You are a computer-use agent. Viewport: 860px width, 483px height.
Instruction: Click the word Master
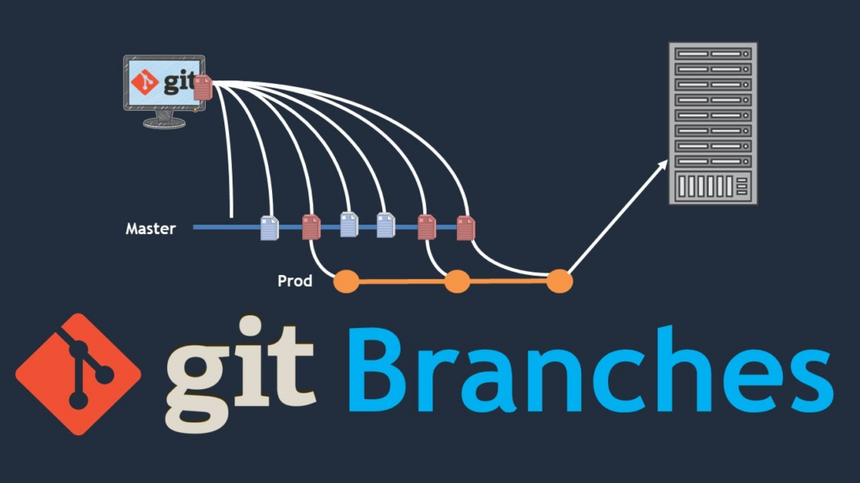(x=151, y=228)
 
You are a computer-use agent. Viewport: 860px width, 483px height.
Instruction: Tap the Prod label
(x=295, y=281)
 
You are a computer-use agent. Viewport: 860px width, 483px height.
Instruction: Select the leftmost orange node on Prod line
(x=347, y=282)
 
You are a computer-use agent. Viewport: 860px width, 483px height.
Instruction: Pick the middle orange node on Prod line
(x=457, y=282)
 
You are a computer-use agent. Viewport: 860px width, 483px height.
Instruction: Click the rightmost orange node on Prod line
(x=559, y=282)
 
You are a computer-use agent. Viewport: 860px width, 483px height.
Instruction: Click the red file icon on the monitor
(x=203, y=87)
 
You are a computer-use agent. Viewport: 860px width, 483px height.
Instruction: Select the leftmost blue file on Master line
(x=270, y=228)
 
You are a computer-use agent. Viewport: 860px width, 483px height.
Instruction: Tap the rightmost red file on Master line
(x=465, y=228)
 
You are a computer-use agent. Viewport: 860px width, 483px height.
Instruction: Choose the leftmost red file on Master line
(x=311, y=226)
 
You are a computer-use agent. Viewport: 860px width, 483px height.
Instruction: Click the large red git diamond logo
(x=78, y=374)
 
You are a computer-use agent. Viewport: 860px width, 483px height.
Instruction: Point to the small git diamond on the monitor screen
(x=144, y=82)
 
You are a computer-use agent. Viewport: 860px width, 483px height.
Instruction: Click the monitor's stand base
(x=164, y=122)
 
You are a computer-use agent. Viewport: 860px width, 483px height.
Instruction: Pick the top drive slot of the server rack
(x=713, y=54)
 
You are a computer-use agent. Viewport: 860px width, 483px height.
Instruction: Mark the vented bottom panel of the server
(x=713, y=186)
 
